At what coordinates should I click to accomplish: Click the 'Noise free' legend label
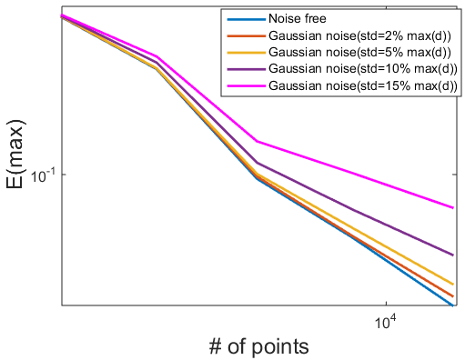coord(297,19)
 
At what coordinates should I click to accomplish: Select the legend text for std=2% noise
coord(359,36)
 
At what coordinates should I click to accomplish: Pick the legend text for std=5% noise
coord(359,53)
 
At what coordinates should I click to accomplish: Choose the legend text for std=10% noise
coord(363,69)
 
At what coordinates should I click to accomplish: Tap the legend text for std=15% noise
coord(363,85)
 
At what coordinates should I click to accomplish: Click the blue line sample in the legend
coord(246,19)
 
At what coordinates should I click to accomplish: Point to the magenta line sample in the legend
coord(246,86)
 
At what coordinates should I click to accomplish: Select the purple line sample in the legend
coord(246,69)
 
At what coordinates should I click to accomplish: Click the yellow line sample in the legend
coord(246,53)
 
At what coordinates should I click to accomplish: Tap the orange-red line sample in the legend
coord(246,36)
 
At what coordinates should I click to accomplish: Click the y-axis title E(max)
coord(15,155)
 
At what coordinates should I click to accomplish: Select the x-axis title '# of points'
coord(258,346)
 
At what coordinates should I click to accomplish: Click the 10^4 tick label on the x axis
coord(386,322)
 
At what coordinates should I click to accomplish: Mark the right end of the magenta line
coord(453,208)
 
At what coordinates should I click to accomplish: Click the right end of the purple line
coord(453,255)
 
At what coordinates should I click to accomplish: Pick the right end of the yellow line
coord(453,285)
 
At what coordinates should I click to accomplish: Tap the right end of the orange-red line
coord(453,296)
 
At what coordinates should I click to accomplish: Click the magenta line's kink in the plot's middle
coord(257,141)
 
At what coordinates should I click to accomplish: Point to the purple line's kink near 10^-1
coord(257,163)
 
